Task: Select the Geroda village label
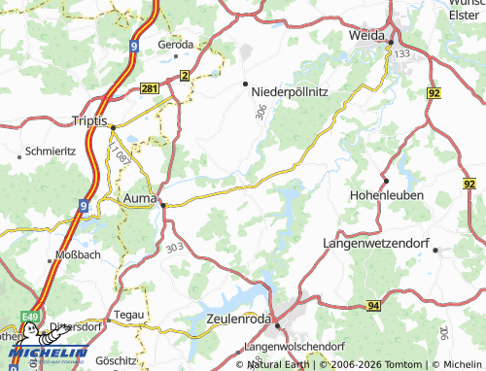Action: tap(176, 45)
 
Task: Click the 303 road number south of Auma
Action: tap(175, 248)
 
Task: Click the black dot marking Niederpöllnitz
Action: tap(245, 83)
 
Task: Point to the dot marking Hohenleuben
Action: tap(385, 181)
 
